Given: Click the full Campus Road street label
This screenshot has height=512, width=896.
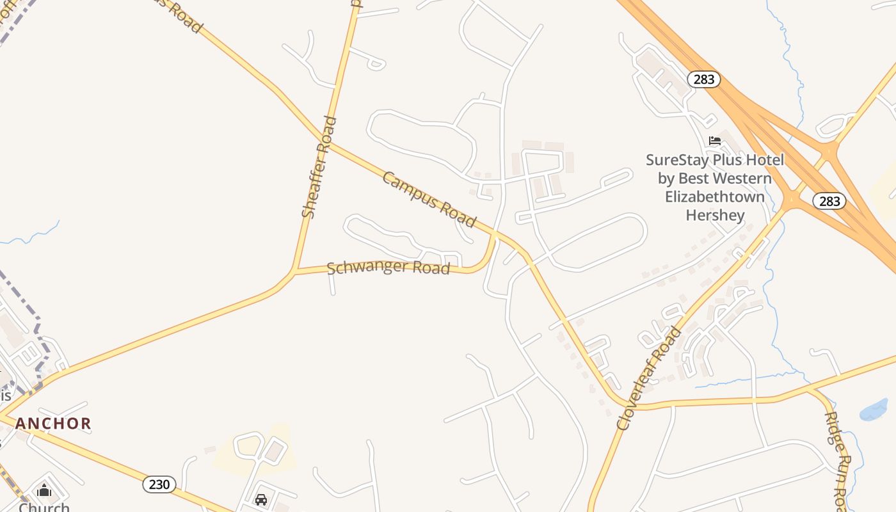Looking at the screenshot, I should click(429, 199).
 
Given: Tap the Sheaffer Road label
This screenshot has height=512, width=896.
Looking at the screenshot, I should click(318, 166).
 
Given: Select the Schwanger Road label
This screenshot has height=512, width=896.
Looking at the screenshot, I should click(388, 268).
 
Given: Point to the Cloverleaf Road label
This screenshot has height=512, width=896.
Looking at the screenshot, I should click(649, 378).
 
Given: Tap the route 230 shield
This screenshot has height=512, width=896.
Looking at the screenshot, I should click(159, 484).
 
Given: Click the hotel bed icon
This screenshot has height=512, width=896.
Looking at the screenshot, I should click(715, 140).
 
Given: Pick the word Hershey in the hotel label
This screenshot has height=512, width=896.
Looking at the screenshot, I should click(715, 215).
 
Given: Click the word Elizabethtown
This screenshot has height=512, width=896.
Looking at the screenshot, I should click(715, 196).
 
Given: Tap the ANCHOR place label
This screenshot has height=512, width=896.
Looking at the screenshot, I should click(53, 423).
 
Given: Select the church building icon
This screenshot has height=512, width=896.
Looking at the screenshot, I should click(44, 491).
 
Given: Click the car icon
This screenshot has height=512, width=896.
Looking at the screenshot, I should click(261, 499).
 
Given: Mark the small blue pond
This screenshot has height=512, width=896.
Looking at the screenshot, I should click(874, 410).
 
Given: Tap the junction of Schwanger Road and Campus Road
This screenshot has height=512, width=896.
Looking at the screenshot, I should click(495, 234).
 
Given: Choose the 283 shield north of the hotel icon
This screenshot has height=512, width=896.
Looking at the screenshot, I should click(704, 79).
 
